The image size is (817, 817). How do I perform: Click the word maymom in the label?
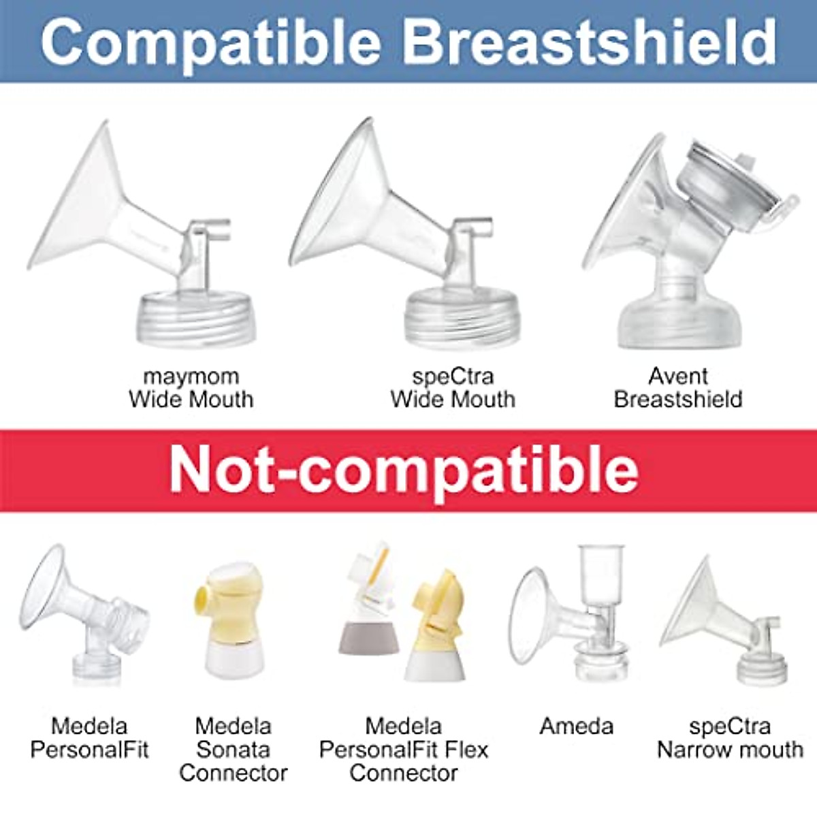point(191,376)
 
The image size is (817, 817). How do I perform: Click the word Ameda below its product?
point(576,726)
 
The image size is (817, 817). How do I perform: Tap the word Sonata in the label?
point(233,750)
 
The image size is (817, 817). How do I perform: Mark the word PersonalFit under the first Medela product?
point(89,750)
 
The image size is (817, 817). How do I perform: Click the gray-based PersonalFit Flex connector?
point(368,613)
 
